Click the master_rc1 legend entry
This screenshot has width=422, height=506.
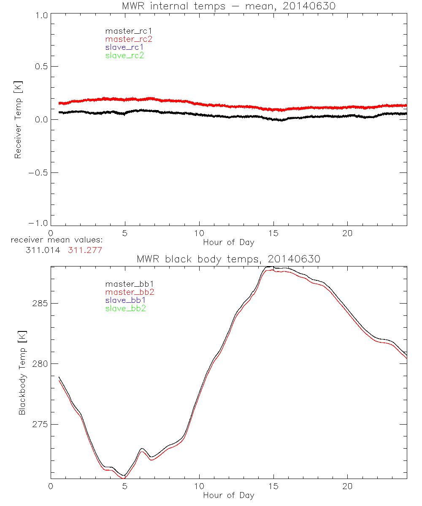pyautogui.click(x=124, y=31)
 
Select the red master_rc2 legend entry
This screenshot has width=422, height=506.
pyautogui.click(x=129, y=39)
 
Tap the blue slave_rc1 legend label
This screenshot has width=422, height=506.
pyautogui.click(x=124, y=47)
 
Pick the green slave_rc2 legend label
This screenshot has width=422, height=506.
pyautogui.click(x=124, y=55)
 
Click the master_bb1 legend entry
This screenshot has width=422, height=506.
pyautogui.click(x=126, y=284)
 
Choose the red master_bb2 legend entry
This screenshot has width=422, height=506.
pyautogui.click(x=126, y=292)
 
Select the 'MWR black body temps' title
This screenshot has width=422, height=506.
pyautogui.click(x=228, y=259)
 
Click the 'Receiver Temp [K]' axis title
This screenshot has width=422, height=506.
pyautogui.click(x=18, y=119)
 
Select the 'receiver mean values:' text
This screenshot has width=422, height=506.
pyautogui.click(x=57, y=240)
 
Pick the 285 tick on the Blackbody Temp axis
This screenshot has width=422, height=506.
pyautogui.click(x=39, y=304)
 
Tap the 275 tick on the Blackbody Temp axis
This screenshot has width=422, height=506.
pyautogui.click(x=39, y=424)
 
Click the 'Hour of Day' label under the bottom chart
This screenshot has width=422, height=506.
pyautogui.click(x=228, y=495)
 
